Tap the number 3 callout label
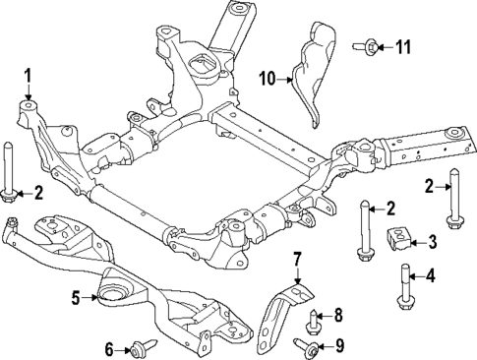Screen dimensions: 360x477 pyautogui.click(x=433, y=242)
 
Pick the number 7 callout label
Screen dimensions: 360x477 pyautogui.click(x=296, y=261)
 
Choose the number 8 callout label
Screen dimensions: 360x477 pyautogui.click(x=338, y=315)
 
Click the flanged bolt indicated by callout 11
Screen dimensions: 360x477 pyautogui.click(x=371, y=44)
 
